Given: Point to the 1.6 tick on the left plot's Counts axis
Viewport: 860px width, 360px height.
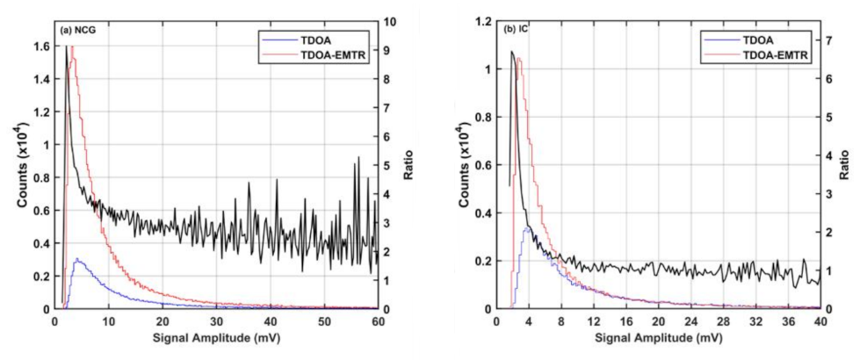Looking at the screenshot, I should [41, 46].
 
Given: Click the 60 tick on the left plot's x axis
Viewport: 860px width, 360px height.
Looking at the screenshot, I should [377, 322].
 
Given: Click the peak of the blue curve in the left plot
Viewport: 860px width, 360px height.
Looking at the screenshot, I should [77, 260].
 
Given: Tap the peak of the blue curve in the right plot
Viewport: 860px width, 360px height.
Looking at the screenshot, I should [526, 227].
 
